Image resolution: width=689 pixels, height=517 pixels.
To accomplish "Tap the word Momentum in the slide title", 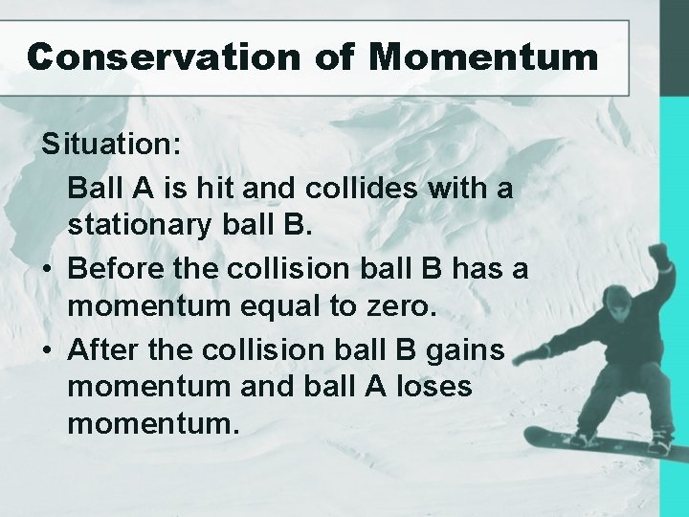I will pos(484,57).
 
